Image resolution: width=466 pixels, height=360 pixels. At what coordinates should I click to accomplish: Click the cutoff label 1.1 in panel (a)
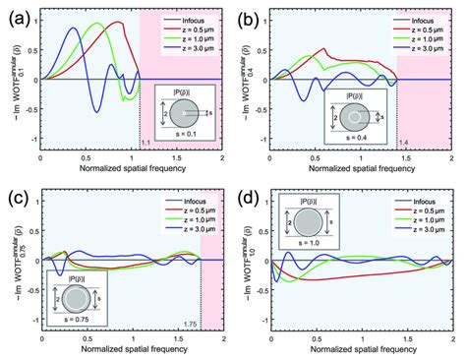tap(146, 146)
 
